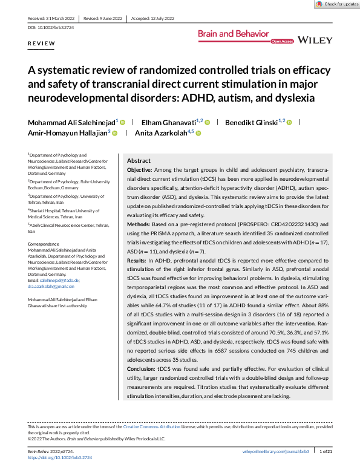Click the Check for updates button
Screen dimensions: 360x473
[336, 4]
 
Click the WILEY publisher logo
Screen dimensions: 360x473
[316, 40]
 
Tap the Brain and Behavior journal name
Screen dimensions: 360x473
[232, 34]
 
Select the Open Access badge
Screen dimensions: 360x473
[282, 42]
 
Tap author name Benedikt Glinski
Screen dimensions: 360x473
[252, 122]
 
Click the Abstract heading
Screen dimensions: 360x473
[139, 161]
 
